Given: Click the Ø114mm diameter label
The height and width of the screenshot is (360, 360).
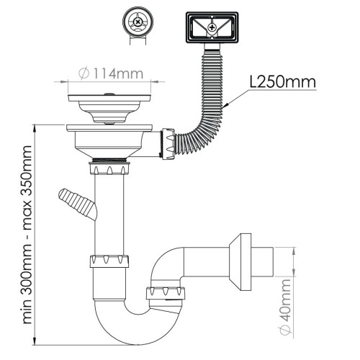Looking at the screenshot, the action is [111, 73].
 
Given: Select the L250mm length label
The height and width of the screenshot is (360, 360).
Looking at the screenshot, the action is [282, 82].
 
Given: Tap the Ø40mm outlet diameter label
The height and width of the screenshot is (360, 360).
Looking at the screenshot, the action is [285, 307].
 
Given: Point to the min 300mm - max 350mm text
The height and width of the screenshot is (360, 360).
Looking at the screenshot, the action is [27, 235].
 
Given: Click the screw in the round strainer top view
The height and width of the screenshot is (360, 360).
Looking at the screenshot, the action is [138, 22].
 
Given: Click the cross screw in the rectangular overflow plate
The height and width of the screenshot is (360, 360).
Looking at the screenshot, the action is [212, 27].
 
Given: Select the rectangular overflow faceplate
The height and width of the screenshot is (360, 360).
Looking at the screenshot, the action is [212, 27].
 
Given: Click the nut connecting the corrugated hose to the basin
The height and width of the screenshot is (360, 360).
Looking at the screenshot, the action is [168, 144].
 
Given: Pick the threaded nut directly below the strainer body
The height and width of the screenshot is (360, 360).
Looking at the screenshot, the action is [109, 168].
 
